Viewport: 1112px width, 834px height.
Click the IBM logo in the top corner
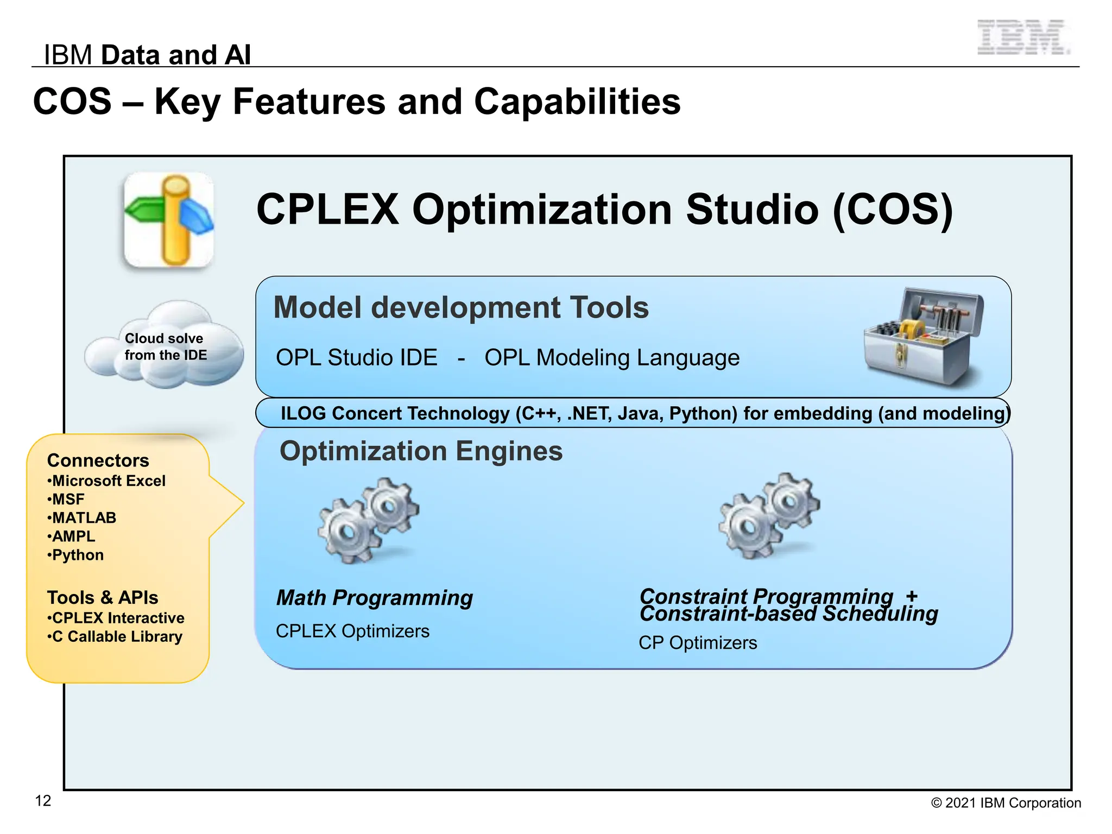click(1023, 37)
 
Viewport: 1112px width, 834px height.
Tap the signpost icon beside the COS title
click(169, 220)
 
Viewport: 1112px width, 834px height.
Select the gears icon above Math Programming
click(369, 520)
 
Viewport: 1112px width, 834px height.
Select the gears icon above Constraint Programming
click(769, 516)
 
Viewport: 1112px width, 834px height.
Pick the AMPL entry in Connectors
click(73, 536)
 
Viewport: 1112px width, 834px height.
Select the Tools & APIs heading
click(103, 598)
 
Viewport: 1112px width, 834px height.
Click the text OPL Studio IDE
click(356, 358)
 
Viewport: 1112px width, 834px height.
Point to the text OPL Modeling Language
click(612, 358)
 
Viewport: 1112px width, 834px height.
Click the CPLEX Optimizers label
click(352, 631)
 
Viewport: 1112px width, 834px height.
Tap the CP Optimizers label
click(698, 643)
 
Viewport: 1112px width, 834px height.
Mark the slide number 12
click(43, 801)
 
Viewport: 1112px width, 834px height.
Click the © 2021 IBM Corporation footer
click(1006, 803)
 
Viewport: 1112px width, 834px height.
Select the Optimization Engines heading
click(421, 451)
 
